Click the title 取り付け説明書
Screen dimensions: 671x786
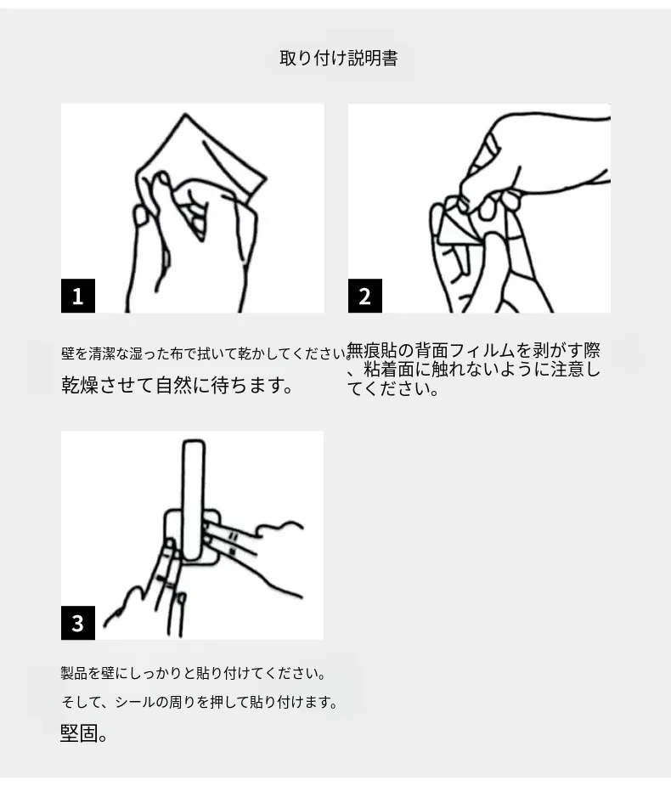click(339, 58)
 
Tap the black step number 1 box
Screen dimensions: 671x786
click(77, 296)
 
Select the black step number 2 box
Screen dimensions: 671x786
click(365, 296)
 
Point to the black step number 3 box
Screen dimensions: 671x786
click(77, 623)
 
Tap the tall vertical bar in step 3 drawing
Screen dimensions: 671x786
click(194, 500)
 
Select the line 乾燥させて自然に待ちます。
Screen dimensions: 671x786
click(177, 386)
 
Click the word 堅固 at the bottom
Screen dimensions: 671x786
click(79, 732)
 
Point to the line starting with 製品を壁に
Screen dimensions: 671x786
click(194, 673)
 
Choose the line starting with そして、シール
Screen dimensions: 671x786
click(200, 702)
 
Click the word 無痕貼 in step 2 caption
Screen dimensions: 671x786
click(371, 350)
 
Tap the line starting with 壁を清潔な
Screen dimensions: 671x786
click(206, 353)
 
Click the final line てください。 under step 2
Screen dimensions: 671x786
click(393, 388)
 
